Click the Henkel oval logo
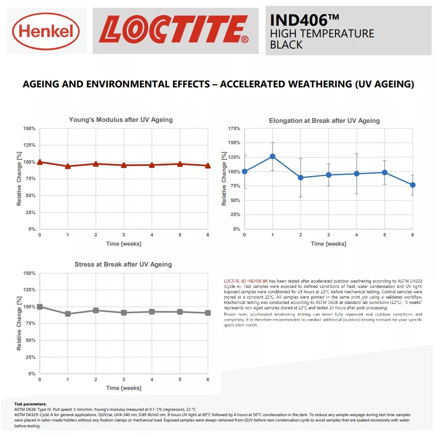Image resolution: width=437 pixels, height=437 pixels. [46, 31]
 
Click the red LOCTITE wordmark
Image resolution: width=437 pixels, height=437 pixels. [174, 29]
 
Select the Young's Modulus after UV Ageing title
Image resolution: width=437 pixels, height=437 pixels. [121, 120]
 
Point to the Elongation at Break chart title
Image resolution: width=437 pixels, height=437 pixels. [324, 121]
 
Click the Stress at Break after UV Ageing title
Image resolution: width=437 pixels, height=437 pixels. [123, 264]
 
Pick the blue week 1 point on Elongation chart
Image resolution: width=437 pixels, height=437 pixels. [272, 156]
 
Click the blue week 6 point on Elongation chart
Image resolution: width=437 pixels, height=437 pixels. [413, 185]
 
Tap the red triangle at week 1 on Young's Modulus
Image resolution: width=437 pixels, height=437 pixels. [67, 166]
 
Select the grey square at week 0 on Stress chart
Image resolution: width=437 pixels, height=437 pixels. [40, 306]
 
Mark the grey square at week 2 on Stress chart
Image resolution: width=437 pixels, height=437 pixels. [96, 310]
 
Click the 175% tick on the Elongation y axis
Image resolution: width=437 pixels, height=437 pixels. [234, 129]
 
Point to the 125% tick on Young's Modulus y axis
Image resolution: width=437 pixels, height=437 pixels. [29, 145]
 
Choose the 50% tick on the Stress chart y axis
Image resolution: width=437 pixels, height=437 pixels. [31, 340]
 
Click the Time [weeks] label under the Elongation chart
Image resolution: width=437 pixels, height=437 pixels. [329, 244]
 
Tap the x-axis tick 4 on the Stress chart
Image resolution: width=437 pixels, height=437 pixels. [152, 380]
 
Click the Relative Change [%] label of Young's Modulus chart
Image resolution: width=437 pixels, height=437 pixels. [19, 179]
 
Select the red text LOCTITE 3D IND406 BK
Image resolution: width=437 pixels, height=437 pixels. [246, 281]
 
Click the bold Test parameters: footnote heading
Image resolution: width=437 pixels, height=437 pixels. [31, 404]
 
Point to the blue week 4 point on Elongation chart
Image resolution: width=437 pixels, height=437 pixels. [357, 174]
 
